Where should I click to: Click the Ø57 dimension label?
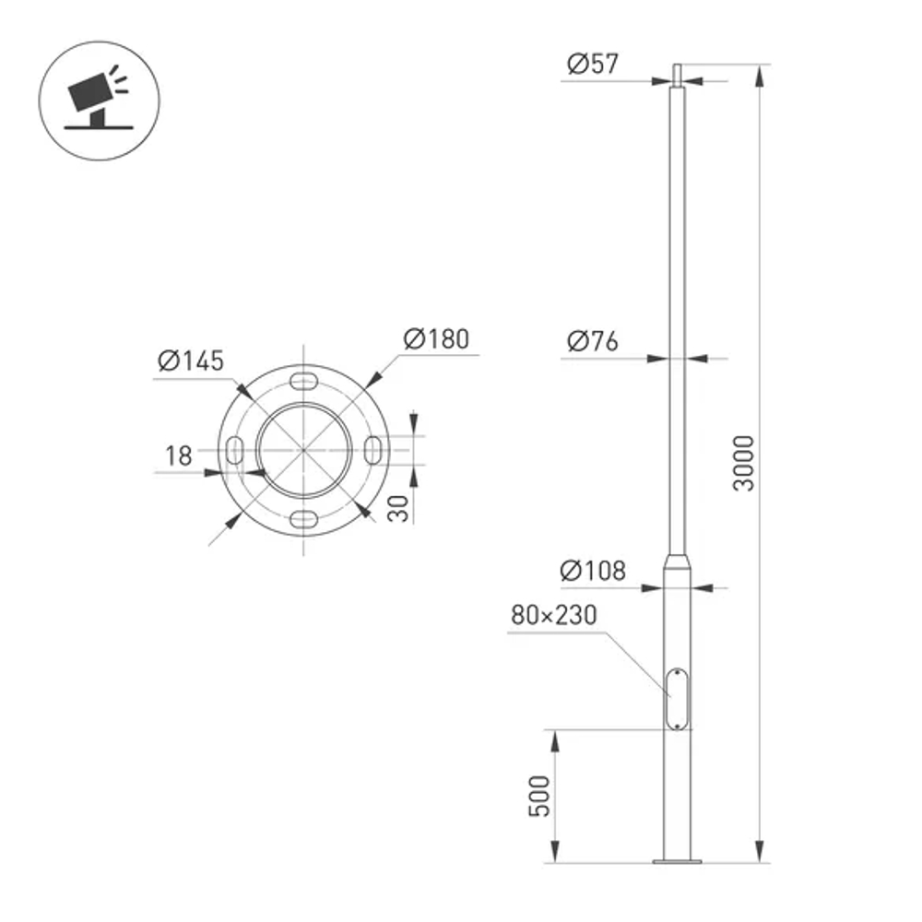click(x=594, y=65)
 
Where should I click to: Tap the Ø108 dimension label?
click(x=594, y=571)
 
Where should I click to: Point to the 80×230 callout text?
click(x=555, y=615)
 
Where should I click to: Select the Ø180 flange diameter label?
click(x=436, y=339)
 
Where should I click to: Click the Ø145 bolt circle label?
click(x=191, y=361)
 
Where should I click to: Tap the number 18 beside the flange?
click(x=179, y=455)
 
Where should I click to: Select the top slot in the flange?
click(x=303, y=382)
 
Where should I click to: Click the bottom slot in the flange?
click(x=303, y=520)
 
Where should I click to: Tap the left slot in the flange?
click(x=234, y=451)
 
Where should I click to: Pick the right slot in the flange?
click(x=373, y=451)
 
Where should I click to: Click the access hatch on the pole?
click(x=679, y=699)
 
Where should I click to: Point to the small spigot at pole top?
click(x=678, y=71)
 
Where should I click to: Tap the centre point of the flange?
click(x=303, y=451)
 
